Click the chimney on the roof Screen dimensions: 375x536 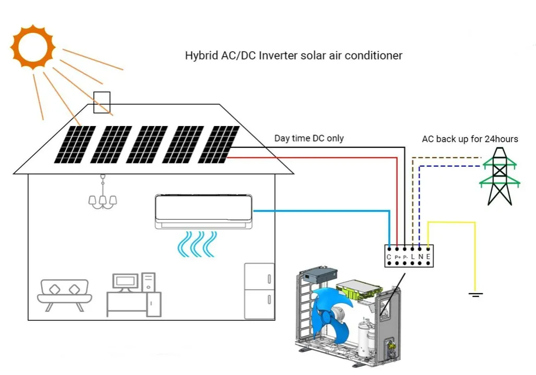102,102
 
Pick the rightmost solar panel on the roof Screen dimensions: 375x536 219,144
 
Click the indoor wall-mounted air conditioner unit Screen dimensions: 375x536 204,211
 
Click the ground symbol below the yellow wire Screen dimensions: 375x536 475,295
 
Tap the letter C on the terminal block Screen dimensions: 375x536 389,257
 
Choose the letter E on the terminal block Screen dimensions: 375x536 428,257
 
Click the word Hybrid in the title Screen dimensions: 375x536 200,55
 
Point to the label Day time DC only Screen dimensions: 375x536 309,138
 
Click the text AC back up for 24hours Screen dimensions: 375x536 469,139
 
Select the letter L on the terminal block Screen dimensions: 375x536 412,257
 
